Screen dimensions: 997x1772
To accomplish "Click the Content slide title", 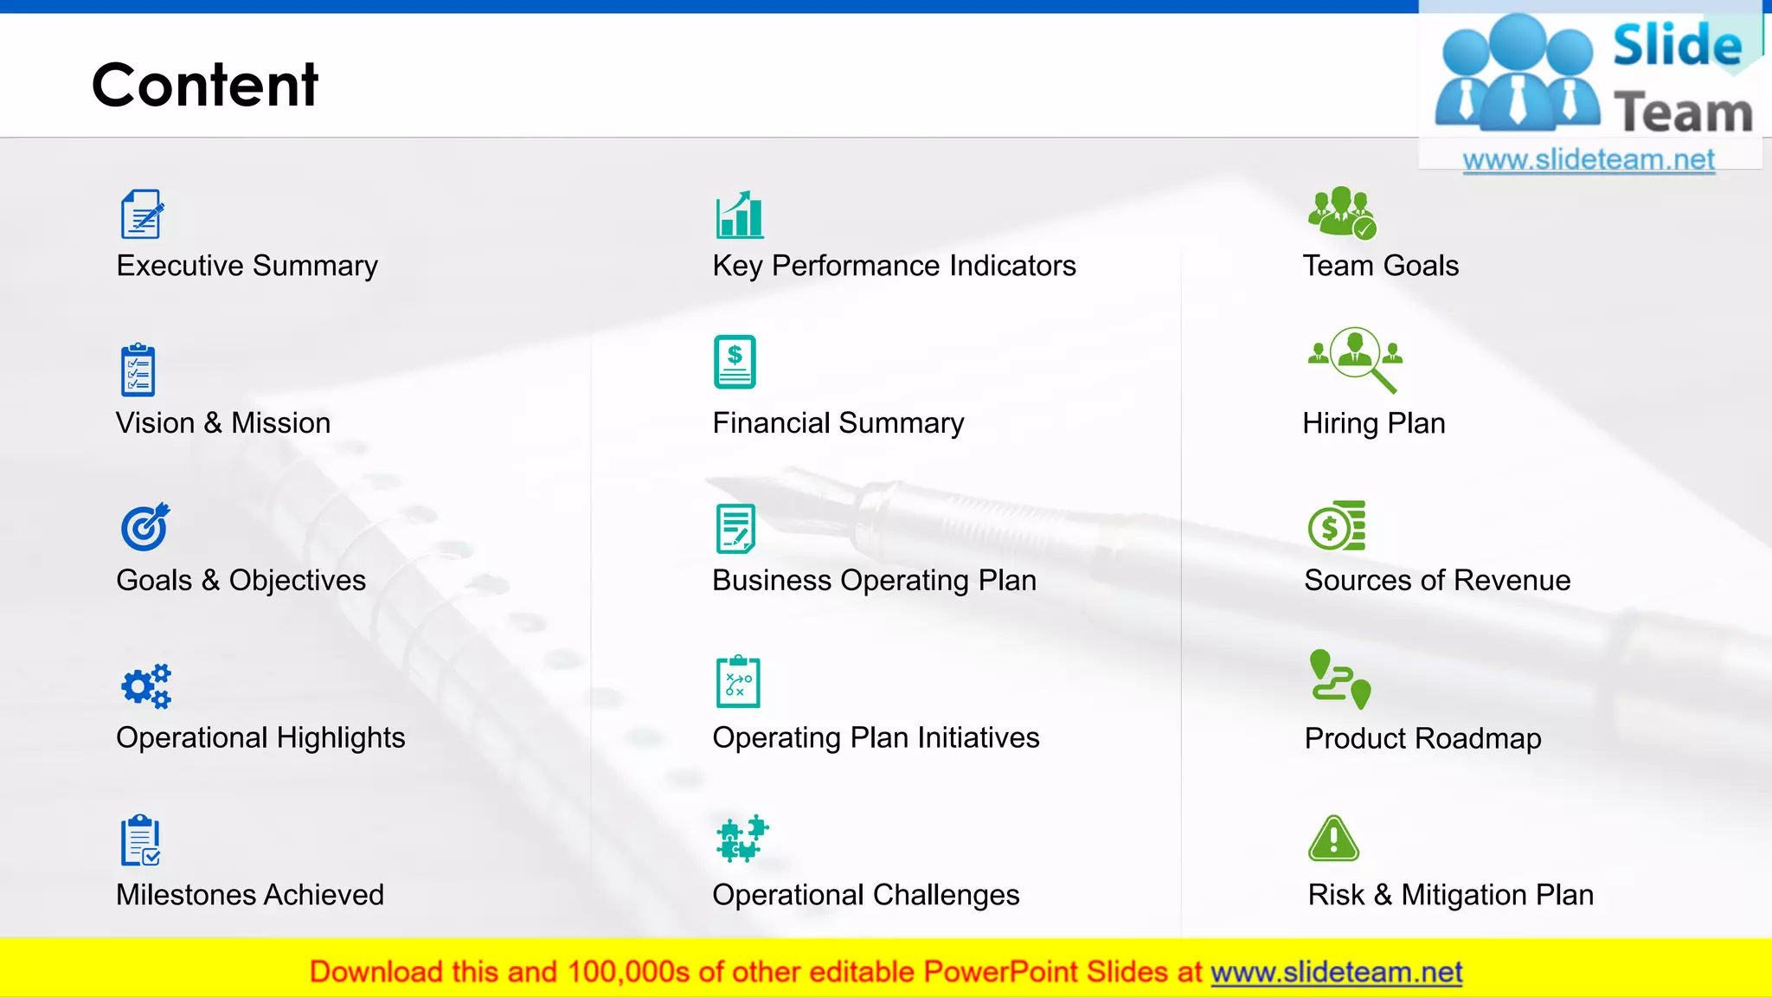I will point(205,85).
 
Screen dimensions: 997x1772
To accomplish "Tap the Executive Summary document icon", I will point(142,215).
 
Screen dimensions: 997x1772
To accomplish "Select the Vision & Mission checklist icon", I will point(138,370).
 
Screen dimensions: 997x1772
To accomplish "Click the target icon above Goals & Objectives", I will point(144,526).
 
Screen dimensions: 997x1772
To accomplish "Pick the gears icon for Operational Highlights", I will point(145,686).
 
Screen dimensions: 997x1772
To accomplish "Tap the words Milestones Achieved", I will point(250,895).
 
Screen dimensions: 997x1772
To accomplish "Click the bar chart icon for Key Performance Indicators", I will point(740,215).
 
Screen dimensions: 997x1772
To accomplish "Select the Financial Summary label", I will point(838,423).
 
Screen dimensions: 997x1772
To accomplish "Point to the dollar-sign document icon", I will point(735,362).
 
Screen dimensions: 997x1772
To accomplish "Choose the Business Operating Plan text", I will point(874,581).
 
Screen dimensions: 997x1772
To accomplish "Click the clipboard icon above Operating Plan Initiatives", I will point(738,682).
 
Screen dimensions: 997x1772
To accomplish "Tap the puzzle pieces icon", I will point(742,838).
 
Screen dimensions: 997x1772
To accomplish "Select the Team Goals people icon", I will point(1341,212).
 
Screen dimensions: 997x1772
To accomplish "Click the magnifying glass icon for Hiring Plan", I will point(1356,359).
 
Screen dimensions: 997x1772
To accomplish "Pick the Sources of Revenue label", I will point(1437,581).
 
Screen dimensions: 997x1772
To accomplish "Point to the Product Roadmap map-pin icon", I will point(1339,679).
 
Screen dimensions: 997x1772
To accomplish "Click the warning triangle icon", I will point(1333,839).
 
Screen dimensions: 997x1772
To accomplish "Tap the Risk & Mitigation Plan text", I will point(1450,895).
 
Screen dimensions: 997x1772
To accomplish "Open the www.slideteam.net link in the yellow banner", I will point(1336,973).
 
